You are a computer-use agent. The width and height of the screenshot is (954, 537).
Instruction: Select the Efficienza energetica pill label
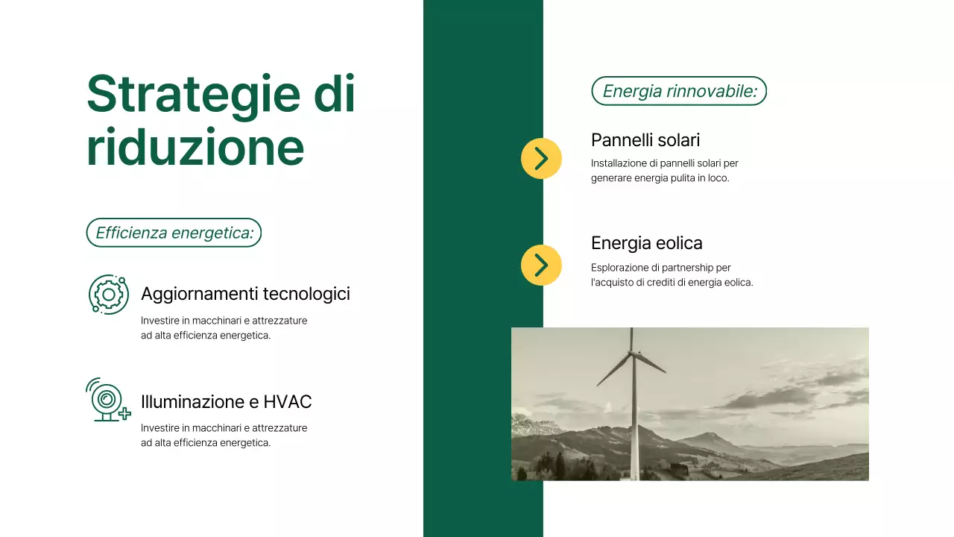pyautogui.click(x=174, y=233)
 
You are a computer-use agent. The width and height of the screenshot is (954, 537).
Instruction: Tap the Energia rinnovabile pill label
pyautogui.click(x=679, y=91)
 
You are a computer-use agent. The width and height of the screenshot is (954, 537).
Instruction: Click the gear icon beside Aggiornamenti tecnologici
pyautogui.click(x=109, y=294)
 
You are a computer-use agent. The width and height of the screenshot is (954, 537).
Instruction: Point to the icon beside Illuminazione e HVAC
pyautogui.click(x=107, y=400)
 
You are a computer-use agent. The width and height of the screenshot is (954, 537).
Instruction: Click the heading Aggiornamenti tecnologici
pyautogui.click(x=245, y=294)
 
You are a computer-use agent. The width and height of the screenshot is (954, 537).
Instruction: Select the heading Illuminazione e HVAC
pyautogui.click(x=226, y=402)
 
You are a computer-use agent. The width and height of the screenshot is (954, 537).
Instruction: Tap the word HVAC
pyautogui.click(x=288, y=402)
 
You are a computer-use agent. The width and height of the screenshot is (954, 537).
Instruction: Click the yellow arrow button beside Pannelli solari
pyautogui.click(x=541, y=158)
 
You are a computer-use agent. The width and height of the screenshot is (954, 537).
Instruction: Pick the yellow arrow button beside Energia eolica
pyautogui.click(x=541, y=265)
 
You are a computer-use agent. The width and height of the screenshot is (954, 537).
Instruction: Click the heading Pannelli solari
pyautogui.click(x=645, y=140)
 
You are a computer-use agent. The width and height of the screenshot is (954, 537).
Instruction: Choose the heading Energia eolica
pyautogui.click(x=646, y=243)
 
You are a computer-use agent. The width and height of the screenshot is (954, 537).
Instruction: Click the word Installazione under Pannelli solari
pyautogui.click(x=618, y=163)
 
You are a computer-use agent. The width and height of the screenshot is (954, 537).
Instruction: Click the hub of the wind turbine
pyautogui.click(x=632, y=352)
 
